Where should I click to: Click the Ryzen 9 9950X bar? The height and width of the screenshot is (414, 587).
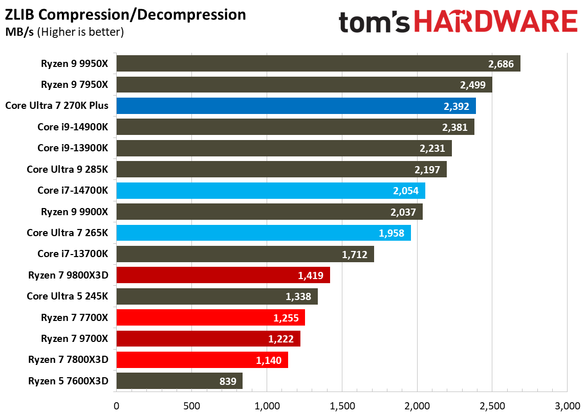(317, 64)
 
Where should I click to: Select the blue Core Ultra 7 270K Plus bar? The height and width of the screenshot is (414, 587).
(296, 106)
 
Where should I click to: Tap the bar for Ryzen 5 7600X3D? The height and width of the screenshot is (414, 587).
(179, 381)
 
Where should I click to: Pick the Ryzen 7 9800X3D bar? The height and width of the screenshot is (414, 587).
(223, 275)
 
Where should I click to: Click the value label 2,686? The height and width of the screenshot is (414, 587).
(501, 64)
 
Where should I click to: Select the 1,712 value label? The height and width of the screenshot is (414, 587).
(355, 254)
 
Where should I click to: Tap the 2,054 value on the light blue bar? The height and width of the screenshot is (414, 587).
(406, 191)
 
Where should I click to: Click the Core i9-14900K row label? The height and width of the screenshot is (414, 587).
(73, 127)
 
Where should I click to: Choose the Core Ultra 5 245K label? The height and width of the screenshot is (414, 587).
(68, 296)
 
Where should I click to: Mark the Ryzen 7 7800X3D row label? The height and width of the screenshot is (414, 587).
(69, 359)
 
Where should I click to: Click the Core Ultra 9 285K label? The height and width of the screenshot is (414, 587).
(68, 169)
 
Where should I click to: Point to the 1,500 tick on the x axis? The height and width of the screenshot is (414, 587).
(342, 406)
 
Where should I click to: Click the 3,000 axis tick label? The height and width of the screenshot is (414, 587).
(567, 406)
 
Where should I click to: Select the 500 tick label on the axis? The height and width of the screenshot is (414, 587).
(192, 406)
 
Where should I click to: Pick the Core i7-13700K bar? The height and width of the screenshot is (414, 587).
(245, 254)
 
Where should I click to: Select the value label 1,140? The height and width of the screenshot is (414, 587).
(269, 360)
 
